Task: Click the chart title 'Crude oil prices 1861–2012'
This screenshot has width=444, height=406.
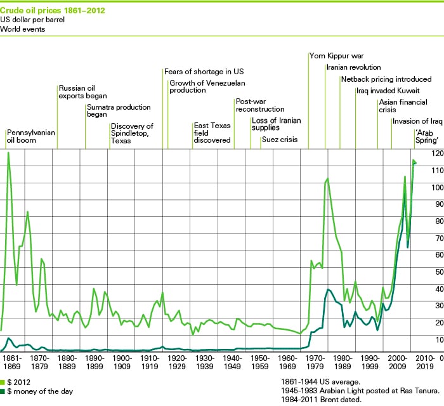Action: pyautogui.click(x=53, y=11)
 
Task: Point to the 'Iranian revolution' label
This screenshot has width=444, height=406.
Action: pyautogui.click(x=353, y=67)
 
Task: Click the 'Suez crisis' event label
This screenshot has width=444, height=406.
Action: pyautogui.click(x=280, y=140)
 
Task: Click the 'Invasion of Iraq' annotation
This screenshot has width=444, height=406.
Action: pyautogui.click(x=417, y=122)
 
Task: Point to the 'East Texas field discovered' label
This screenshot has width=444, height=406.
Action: pyautogui.click(x=212, y=133)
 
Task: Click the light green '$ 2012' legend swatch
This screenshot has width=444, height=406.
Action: pyautogui.click(x=4, y=383)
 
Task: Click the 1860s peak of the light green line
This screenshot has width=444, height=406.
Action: pyautogui.click(x=8, y=153)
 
